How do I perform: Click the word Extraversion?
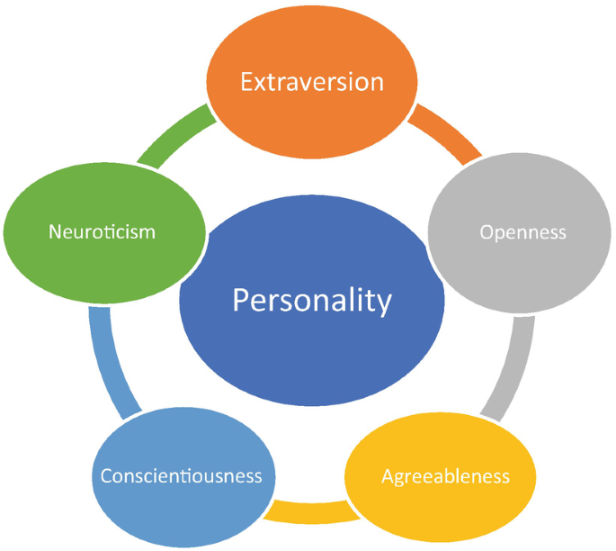tap(311, 82)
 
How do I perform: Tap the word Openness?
tap(523, 232)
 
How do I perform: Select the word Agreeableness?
tap(445, 475)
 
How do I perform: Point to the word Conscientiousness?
tap(182, 475)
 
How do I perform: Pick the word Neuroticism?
tap(102, 232)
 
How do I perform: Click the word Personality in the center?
tap(312, 299)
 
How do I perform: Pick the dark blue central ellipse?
tap(312, 351)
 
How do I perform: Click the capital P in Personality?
tap(240, 299)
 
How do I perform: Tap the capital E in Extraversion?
tap(246, 82)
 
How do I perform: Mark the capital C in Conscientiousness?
tap(106, 475)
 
